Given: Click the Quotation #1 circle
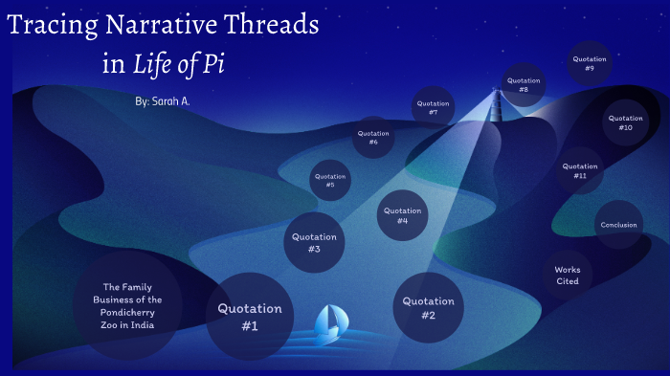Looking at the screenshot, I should click(x=250, y=317).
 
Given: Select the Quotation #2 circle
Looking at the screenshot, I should click(x=429, y=308).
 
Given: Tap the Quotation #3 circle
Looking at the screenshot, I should click(x=313, y=242).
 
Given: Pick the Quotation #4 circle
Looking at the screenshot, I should click(x=402, y=215).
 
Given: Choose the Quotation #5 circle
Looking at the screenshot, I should click(x=330, y=179).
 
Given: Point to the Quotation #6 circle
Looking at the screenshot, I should click(x=373, y=137).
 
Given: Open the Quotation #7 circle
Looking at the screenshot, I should click(x=434, y=106).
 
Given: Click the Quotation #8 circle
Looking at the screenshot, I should click(x=524, y=83).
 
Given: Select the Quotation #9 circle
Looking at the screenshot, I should click(x=590, y=63).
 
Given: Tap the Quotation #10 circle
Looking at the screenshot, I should click(x=626, y=122).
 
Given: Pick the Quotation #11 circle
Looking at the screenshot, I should click(x=580, y=170).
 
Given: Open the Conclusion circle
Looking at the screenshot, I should click(x=618, y=225).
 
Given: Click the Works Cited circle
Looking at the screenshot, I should click(x=568, y=275).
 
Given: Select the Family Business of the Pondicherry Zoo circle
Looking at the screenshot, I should click(x=132, y=305).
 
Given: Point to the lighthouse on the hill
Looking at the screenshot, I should click(x=497, y=103).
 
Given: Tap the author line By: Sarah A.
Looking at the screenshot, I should click(x=164, y=100).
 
